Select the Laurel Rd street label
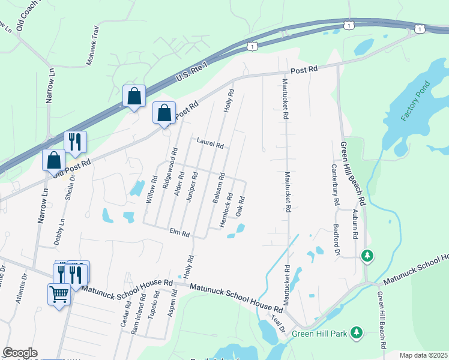point(209,145)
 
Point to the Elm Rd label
point(179,232)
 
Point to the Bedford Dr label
point(336,240)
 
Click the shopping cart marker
point(59,294)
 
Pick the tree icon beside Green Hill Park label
point(357,331)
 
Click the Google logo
point(20,352)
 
